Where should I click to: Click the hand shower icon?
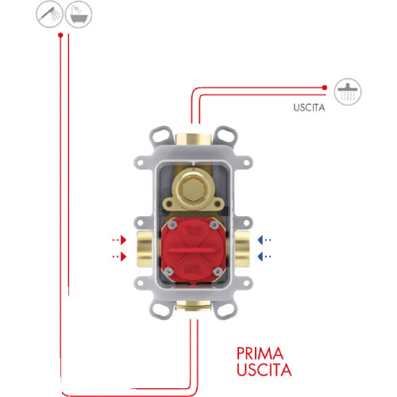pyautogui.click(x=49, y=14)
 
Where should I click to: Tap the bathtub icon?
pyautogui.click(x=79, y=14)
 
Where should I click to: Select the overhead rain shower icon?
pyautogui.click(x=348, y=92)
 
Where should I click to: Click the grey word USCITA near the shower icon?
pyautogui.click(x=309, y=108)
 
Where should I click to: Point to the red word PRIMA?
pyautogui.click(x=260, y=353)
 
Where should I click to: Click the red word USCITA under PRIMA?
pyautogui.click(x=264, y=370)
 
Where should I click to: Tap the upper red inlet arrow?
pyautogui.click(x=120, y=240)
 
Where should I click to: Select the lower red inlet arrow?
pyautogui.click(x=120, y=256)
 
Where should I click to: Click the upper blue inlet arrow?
pyautogui.click(x=264, y=240)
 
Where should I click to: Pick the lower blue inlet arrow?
pyautogui.click(x=264, y=256)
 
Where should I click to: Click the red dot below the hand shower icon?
pyautogui.click(x=60, y=35)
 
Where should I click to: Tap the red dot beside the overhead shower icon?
pyautogui.click(x=325, y=87)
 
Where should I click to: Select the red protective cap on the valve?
pyautogui.click(x=194, y=249)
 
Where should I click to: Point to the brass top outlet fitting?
pyautogui.click(x=193, y=139)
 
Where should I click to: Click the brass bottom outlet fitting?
pyautogui.click(x=193, y=306)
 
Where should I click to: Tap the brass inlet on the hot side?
pyautogui.click(x=145, y=249)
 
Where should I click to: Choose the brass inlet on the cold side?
pyautogui.click(x=242, y=249)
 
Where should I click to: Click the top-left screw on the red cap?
pyautogui.click(x=172, y=225)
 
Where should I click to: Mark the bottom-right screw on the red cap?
pyautogui.click(x=218, y=271)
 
